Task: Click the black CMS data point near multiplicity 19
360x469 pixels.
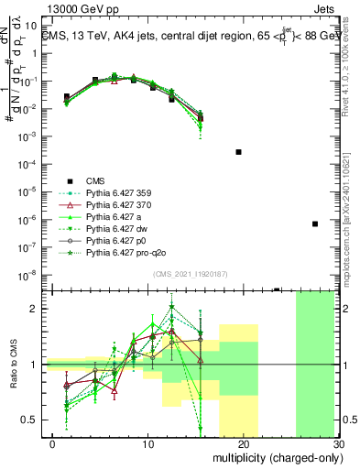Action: click(238, 151)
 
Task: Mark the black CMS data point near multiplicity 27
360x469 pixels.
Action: click(314, 224)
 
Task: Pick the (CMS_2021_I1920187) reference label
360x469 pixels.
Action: click(191, 273)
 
